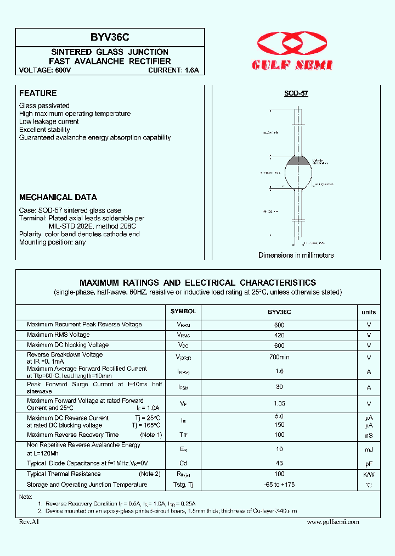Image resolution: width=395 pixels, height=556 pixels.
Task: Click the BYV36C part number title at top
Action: (110, 38)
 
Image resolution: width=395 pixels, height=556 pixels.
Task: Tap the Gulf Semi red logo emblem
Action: (292, 43)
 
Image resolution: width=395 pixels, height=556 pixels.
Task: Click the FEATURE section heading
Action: (38, 93)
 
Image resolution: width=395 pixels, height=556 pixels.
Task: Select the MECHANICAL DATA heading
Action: (58, 197)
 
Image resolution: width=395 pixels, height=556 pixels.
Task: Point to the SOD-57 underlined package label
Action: (296, 93)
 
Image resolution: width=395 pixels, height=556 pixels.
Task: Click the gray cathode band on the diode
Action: (299, 160)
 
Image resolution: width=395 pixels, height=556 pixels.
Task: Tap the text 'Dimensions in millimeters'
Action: (296, 255)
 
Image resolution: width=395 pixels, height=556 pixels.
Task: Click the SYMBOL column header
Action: (183, 312)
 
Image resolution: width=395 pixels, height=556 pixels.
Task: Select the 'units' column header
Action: (369, 312)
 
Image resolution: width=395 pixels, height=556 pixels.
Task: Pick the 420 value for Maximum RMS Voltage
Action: (279, 335)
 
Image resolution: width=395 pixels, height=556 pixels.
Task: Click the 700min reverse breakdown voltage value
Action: (279, 357)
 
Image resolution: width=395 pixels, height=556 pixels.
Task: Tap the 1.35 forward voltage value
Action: (279, 404)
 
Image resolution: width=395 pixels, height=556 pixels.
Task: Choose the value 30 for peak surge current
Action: (279, 387)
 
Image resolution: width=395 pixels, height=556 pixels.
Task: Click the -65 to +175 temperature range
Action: (279, 485)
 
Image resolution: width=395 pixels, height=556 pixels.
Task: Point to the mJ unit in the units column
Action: (369, 449)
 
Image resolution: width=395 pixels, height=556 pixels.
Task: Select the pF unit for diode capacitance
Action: (369, 464)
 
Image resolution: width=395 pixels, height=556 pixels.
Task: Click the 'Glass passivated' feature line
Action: (44, 105)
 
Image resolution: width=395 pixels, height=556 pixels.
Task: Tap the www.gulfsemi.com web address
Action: (333, 521)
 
